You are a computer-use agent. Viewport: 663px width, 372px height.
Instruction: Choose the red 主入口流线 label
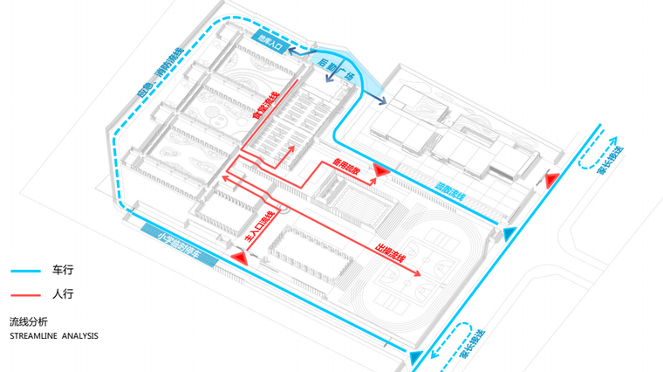point(261,227)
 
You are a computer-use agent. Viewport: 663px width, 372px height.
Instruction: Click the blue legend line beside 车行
point(25,271)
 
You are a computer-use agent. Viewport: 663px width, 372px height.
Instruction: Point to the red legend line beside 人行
point(25,294)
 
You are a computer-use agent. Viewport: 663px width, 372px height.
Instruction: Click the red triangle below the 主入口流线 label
point(242,258)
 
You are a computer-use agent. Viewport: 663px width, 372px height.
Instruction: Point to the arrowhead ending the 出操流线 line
point(419,274)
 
